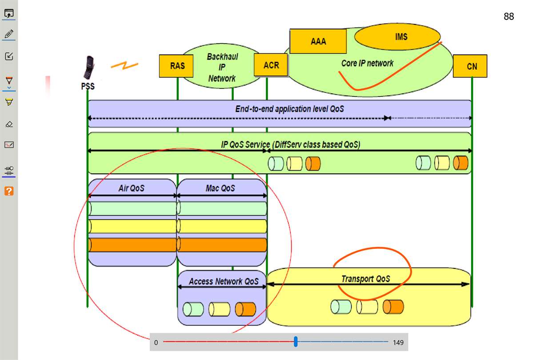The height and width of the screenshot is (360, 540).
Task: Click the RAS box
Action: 177,66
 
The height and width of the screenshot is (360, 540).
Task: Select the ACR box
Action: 271,65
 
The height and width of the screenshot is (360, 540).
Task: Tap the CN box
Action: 472,66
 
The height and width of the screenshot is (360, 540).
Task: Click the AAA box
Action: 318,41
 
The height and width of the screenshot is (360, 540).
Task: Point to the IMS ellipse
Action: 401,36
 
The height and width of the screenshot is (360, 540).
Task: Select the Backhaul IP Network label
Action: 222,68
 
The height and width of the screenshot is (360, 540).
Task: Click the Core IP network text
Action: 367,63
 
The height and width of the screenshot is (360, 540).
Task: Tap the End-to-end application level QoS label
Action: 289,109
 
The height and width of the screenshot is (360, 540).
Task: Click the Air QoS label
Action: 132,188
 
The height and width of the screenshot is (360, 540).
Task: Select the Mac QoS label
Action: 220,188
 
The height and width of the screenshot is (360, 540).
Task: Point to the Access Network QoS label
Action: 223,281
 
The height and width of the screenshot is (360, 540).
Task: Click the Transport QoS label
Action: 365,279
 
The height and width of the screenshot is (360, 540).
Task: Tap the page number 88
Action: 508,17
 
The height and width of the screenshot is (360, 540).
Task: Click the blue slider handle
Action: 296,342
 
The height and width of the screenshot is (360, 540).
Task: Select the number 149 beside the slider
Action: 398,343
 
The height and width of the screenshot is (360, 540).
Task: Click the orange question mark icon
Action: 9,191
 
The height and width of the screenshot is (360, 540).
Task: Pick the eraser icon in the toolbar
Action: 9,124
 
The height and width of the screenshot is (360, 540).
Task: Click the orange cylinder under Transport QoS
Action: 393,307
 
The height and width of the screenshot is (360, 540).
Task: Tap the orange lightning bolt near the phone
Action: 124,66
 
